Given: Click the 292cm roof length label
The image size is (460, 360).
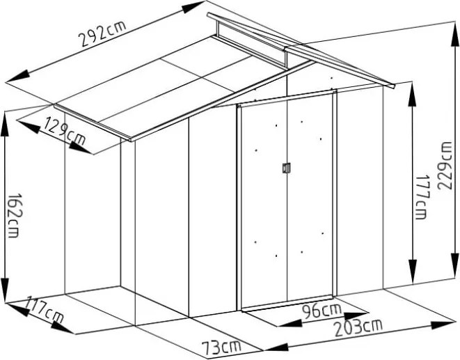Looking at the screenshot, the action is click(103, 33).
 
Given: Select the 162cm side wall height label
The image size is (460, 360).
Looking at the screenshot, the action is click(14, 215).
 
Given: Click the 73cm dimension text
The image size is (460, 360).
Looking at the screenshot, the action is click(221, 347).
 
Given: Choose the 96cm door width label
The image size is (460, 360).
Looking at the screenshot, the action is click(322, 311).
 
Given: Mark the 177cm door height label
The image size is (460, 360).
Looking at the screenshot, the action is click(422, 197).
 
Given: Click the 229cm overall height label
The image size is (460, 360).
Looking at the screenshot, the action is click(445, 166).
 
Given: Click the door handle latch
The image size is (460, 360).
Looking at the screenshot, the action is click(286, 168).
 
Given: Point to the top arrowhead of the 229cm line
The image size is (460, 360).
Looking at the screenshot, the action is click(455, 35).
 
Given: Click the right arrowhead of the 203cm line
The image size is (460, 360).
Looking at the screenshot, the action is click(443, 324).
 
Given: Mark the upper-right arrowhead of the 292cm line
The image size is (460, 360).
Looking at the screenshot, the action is click(193, 7).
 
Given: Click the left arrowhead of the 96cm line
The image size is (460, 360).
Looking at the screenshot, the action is click(290, 324).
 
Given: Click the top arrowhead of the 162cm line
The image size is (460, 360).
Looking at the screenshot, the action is click(4, 124).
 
